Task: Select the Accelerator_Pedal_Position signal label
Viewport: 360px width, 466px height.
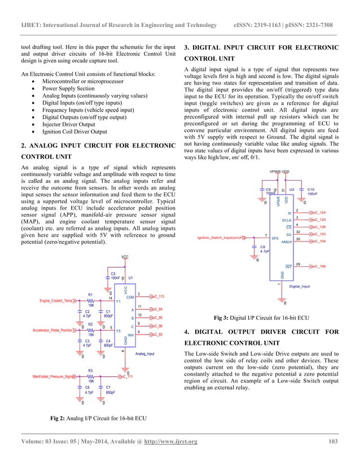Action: (x=53, y=329)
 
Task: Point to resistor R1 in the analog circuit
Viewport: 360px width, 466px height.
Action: (x=91, y=300)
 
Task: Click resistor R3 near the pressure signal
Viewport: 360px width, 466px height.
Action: (x=90, y=376)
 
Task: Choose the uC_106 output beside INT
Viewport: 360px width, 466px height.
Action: (x=319, y=265)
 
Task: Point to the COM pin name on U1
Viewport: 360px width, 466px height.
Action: (x=130, y=297)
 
